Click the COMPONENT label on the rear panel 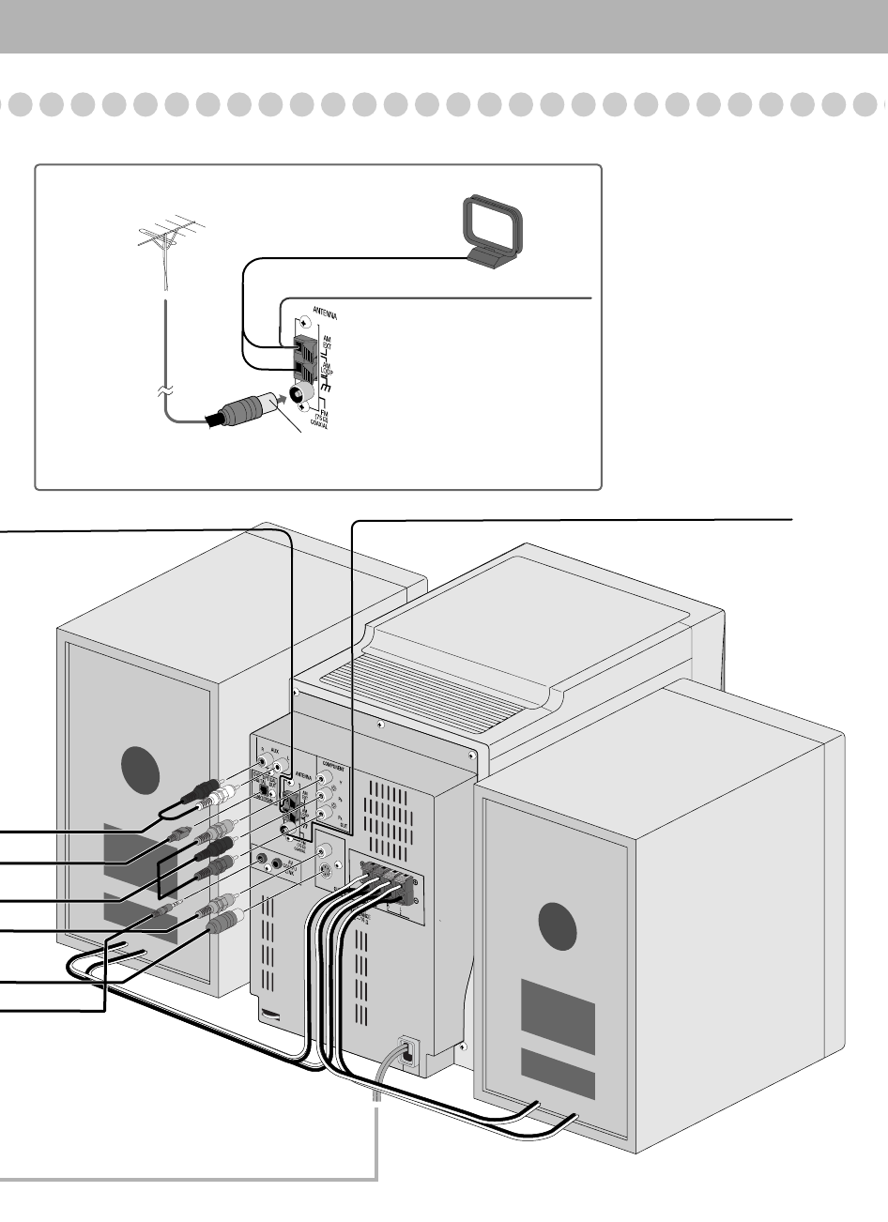[335, 763]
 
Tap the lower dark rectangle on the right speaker [558, 1074]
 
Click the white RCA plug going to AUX [221, 797]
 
